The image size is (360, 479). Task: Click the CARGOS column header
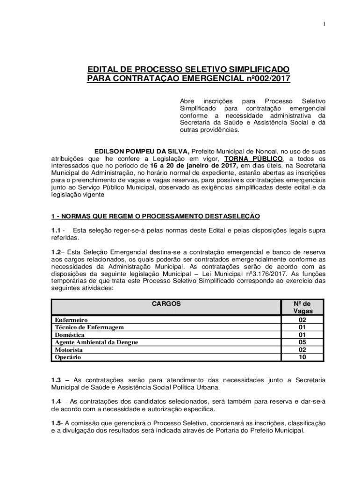[166, 304]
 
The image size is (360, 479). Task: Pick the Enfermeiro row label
[71, 320]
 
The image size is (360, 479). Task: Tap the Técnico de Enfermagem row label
[89, 327]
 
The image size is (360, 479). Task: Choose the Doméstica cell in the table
[70, 335]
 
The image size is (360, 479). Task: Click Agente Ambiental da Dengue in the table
[96, 342]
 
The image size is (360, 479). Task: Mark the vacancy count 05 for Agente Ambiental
[302, 342]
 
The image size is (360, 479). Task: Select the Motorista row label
[69, 350]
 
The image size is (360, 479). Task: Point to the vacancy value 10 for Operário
[302, 357]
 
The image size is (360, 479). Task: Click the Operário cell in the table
[68, 357]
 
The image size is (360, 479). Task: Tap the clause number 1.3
[57, 380]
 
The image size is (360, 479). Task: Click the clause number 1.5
[57, 423]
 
